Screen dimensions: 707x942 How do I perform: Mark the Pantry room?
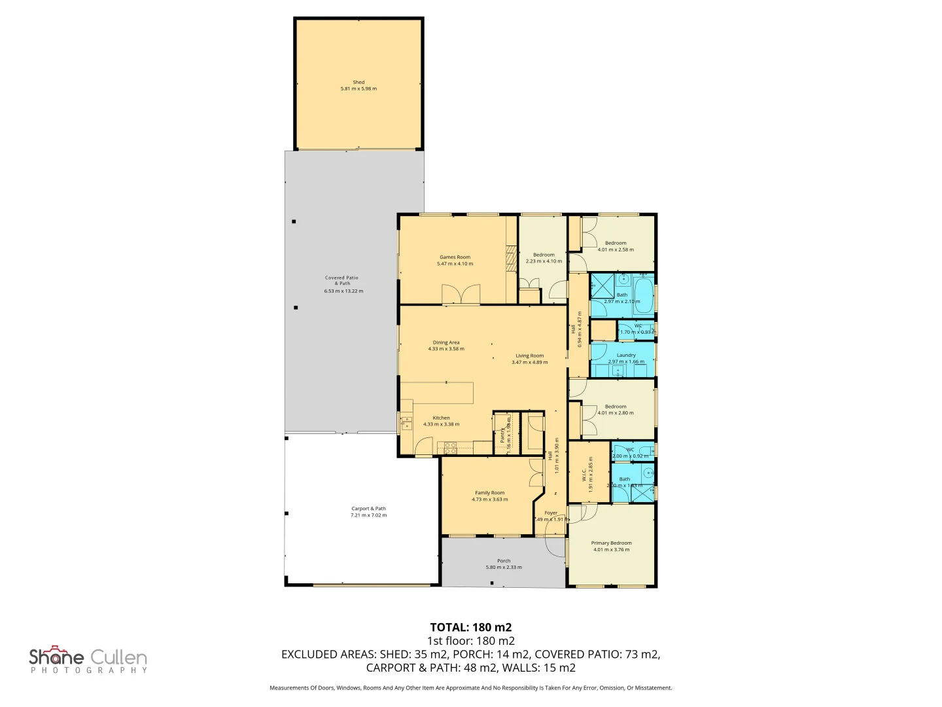[503, 433]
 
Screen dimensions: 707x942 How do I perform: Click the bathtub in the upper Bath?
[643, 295]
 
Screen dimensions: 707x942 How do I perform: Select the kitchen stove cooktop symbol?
[450, 448]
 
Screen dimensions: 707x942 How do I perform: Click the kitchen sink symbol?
[406, 422]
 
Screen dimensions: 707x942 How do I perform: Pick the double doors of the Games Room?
[461, 295]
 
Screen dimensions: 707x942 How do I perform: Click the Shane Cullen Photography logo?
[88, 660]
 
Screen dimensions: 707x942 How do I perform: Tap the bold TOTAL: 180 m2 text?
[470, 627]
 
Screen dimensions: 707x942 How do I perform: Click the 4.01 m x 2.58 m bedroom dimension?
[616, 249]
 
